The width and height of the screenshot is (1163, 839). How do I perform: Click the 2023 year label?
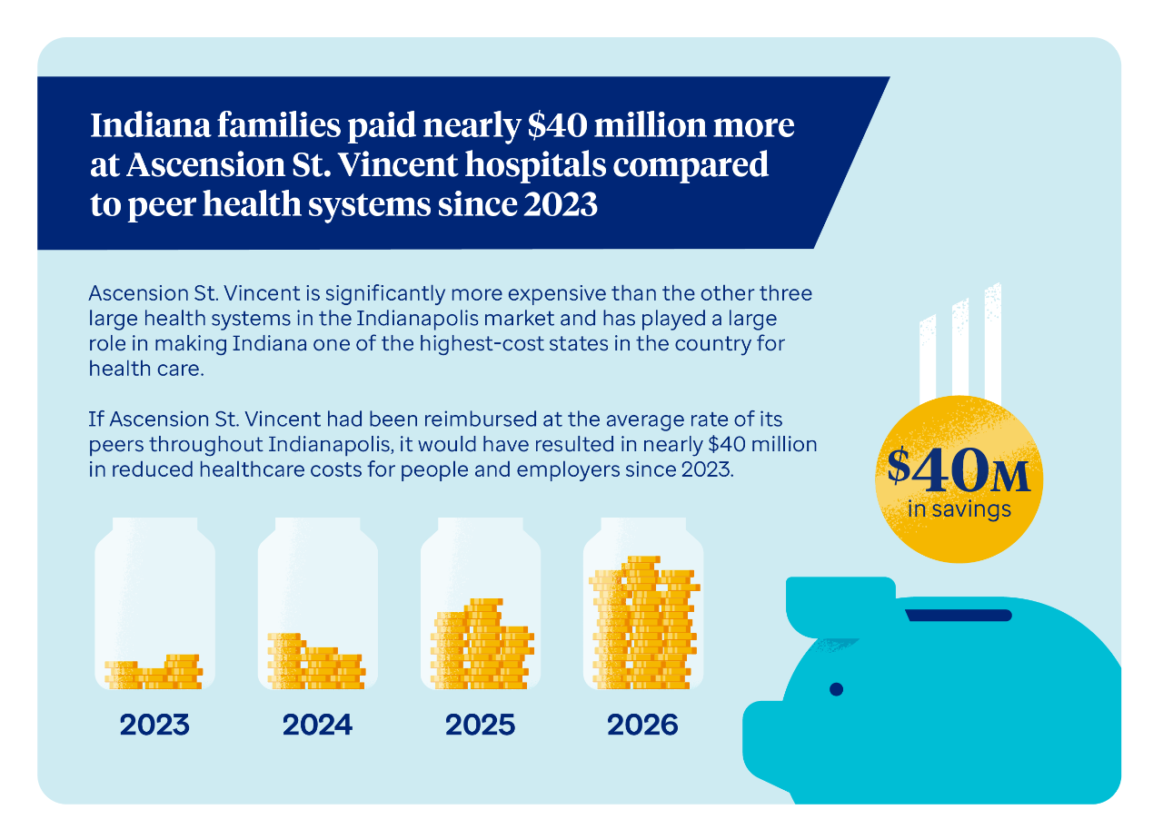[154, 725]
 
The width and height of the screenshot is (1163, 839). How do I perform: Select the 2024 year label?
[317, 725]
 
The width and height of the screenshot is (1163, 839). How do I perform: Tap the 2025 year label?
[480, 725]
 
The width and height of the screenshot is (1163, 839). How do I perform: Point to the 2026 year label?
[642, 725]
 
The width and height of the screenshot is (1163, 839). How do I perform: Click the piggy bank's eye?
[836, 689]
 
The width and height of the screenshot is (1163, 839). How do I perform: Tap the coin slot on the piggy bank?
[959, 615]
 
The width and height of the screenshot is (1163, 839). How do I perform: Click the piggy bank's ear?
[840, 607]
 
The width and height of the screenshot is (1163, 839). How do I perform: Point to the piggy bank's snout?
[762, 742]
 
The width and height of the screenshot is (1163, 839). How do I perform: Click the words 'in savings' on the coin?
[959, 509]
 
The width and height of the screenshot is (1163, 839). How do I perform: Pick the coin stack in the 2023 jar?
[154, 672]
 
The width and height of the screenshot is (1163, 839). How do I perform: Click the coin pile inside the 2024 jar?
[316, 661]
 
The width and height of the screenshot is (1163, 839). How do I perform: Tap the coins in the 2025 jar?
[482, 644]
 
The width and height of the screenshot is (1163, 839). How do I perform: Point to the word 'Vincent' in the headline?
[397, 164]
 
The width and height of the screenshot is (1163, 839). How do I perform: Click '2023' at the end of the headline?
[561, 203]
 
